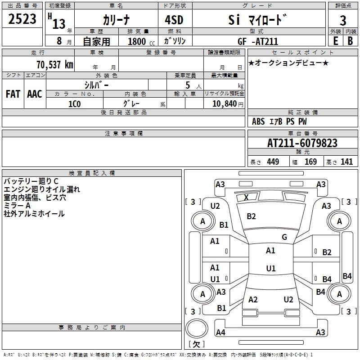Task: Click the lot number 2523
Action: click(22, 19)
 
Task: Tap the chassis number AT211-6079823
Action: click(302, 143)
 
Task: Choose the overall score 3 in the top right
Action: click(343, 20)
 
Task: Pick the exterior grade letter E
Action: click(335, 41)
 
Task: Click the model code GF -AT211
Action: click(258, 41)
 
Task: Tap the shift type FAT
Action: click(13, 94)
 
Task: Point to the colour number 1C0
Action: click(74, 103)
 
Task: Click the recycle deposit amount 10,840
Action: click(223, 103)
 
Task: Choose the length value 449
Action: click(273, 162)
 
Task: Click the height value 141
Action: click(346, 162)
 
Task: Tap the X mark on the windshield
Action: click(246, 197)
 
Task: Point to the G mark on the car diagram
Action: click(284, 237)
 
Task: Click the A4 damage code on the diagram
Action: click(220, 333)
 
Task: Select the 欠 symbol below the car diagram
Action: click(196, 344)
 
